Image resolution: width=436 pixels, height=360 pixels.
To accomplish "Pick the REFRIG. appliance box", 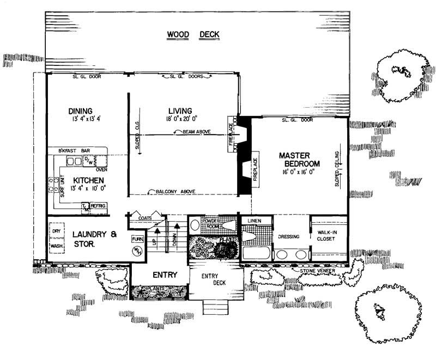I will [98, 206].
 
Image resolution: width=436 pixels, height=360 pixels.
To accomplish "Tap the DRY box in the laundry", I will [55, 231].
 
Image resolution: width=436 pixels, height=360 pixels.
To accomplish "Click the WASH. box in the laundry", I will [55, 246].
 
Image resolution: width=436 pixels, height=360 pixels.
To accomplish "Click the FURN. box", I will [137, 239].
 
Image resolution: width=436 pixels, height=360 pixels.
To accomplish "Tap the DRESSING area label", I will [290, 237].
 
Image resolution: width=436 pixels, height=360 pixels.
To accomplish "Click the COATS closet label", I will [144, 218].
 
